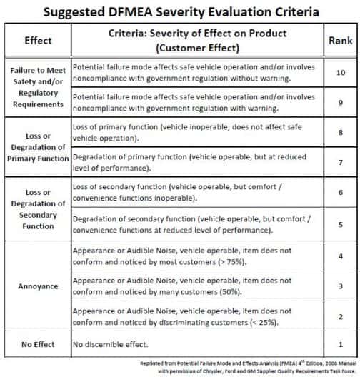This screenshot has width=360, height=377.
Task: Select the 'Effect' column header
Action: (x=37, y=41)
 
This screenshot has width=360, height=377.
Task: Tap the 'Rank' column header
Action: (x=340, y=41)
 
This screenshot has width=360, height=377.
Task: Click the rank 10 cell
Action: (x=340, y=73)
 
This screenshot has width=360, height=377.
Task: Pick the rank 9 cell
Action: (x=340, y=102)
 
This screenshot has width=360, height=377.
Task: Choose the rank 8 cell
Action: (x=340, y=133)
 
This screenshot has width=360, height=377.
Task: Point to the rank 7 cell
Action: (x=340, y=163)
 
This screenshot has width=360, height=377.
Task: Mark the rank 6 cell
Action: (x=340, y=193)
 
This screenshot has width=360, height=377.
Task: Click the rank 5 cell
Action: (x=340, y=223)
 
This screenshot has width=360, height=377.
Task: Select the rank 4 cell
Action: (x=340, y=256)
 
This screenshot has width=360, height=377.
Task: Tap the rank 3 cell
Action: (x=340, y=287)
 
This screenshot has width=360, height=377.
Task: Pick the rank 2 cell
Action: (x=340, y=317)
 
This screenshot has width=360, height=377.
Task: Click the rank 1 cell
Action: (x=340, y=345)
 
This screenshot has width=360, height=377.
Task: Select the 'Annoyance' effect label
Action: (x=37, y=287)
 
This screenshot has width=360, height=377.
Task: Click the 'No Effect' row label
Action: (x=37, y=345)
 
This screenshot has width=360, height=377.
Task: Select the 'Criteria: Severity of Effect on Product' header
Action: (x=198, y=34)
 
